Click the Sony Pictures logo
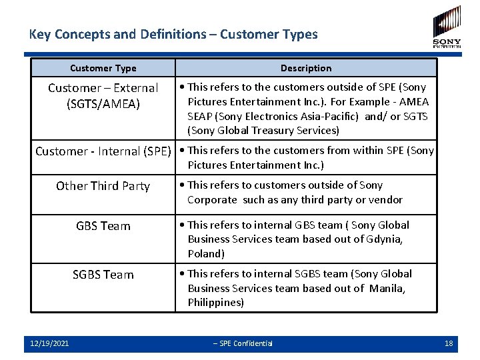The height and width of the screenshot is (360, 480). (x=447, y=27)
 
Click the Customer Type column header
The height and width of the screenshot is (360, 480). (x=103, y=68)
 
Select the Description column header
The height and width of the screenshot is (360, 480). (x=306, y=68)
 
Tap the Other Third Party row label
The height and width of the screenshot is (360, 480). (x=103, y=186)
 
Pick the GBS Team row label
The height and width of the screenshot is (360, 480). (x=103, y=226)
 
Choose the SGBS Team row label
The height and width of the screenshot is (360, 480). (x=103, y=275)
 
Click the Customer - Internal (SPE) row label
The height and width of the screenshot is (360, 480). (x=103, y=151)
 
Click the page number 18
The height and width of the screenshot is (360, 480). (x=449, y=343)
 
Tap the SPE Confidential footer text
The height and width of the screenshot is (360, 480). (x=243, y=343)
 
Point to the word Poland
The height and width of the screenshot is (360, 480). (x=205, y=254)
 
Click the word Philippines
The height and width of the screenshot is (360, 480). (x=215, y=303)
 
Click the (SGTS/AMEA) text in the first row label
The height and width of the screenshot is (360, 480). (x=103, y=103)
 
